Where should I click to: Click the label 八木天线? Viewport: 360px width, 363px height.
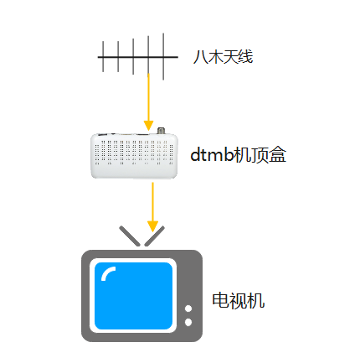pos(223,57)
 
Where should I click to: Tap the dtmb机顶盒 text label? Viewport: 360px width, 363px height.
pos(238,154)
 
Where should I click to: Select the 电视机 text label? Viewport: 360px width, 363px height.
pos(238,301)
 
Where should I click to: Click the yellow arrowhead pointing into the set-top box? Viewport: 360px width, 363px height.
pos(148,125)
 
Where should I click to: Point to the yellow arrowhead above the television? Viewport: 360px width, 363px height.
pos(152,226)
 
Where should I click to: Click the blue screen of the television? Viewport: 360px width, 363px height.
pos(133,296)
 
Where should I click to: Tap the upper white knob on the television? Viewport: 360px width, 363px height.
pos(188,309)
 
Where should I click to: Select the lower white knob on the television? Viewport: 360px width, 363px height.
pos(188,322)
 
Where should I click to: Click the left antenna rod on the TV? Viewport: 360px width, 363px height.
pos(130,236)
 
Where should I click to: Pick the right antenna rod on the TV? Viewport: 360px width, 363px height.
pos(154,236)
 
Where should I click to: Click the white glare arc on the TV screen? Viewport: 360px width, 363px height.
pos(107,272)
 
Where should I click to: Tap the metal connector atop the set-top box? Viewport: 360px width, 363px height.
pos(161,131)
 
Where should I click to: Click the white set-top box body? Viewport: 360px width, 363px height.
pos(134,156)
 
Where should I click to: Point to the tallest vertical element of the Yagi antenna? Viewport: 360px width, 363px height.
pos(163,57)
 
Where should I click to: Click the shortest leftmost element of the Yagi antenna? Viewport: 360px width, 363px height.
pos(103,57)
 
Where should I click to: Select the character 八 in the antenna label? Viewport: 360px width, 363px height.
pos(200,58)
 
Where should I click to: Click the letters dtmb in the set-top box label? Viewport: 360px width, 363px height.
pos(212,154)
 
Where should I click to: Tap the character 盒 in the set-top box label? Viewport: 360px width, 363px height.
pos(277,155)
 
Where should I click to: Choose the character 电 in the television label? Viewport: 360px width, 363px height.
pos(220,301)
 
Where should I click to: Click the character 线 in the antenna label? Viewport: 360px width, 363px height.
pos(245,57)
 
